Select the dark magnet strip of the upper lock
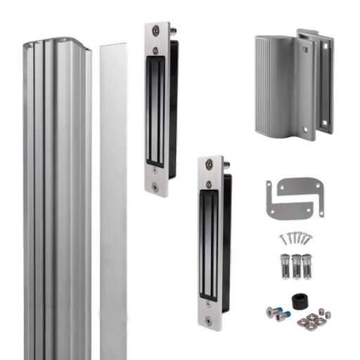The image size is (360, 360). [x=155, y=109]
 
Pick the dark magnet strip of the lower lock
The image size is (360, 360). [x=209, y=243]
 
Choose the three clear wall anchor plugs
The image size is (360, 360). [x=293, y=267]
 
